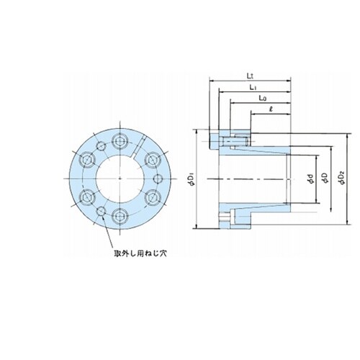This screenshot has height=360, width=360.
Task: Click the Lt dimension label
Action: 251,76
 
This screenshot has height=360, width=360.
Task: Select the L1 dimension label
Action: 253,88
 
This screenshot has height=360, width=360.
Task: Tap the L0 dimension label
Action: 263,98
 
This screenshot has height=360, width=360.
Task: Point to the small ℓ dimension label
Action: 271,109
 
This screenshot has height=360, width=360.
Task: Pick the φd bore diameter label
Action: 311,179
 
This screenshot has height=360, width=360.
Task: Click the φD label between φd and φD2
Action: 325,178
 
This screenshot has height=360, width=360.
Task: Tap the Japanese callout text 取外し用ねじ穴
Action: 140,253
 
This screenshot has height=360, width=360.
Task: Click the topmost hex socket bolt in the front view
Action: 120,141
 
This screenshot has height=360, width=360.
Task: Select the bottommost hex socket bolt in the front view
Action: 120,216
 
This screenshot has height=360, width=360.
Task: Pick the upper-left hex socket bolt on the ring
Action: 87,160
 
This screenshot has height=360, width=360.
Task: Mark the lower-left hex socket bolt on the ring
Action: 87,197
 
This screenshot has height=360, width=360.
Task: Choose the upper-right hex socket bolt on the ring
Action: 152,160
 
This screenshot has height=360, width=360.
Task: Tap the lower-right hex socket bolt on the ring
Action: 152,197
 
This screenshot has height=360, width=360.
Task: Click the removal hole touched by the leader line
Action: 101,211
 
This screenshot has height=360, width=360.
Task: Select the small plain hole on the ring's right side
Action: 158,179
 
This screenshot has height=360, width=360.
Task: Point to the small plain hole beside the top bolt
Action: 101,146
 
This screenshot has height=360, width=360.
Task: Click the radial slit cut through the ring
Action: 138,148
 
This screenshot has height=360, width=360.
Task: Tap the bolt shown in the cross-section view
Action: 234,142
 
